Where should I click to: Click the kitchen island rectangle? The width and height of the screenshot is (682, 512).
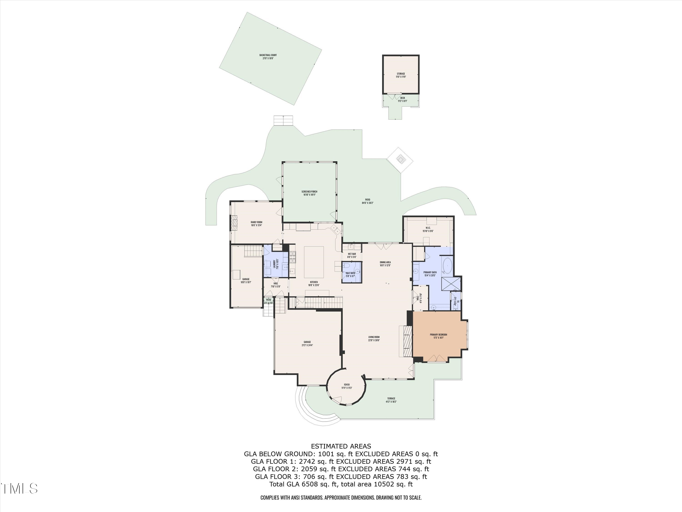point(314,262)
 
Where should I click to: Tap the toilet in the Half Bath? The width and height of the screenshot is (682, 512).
point(346,266)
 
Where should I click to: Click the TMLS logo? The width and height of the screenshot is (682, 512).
point(19,489)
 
